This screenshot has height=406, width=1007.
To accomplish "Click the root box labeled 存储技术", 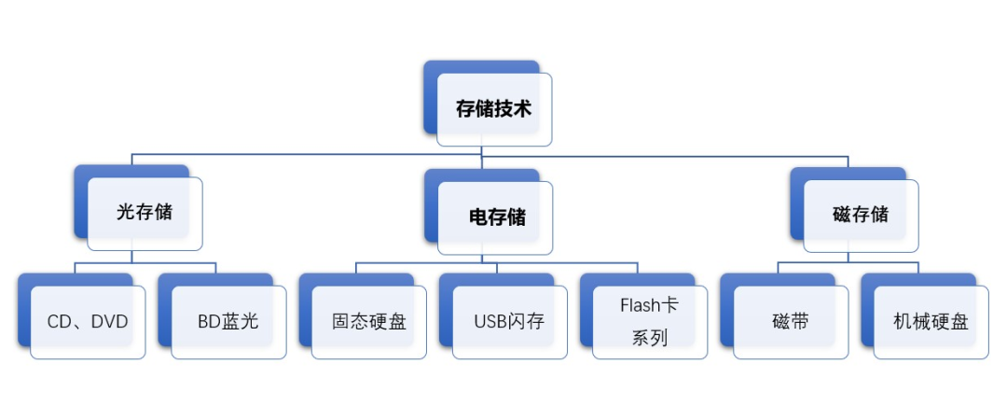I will [x=493, y=108].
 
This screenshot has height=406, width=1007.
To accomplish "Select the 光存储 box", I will [x=145, y=213].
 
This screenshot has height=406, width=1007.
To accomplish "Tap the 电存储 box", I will [x=495, y=217].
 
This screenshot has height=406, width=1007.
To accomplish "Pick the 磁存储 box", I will [x=861, y=215].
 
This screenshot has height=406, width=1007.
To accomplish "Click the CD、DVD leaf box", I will [x=88, y=323].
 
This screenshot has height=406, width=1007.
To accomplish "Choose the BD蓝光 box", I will [x=228, y=323].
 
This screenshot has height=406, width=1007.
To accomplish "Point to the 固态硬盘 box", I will [x=369, y=323].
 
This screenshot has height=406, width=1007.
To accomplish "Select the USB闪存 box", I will [x=509, y=323].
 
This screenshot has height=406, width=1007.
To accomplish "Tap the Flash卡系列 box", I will [x=650, y=322].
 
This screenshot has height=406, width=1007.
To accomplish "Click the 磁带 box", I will [x=791, y=323].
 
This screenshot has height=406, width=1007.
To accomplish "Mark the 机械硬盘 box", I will [x=931, y=323].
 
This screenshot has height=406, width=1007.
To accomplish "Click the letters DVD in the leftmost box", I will [x=108, y=323].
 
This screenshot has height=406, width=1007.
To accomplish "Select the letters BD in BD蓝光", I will [x=208, y=323].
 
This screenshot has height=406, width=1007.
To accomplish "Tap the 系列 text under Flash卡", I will [x=650, y=339].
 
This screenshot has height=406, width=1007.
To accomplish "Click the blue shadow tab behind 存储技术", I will [x=431, y=93].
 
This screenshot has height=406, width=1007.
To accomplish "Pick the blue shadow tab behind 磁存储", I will [x=797, y=201].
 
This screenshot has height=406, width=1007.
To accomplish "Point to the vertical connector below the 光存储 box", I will [x=131, y=257].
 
